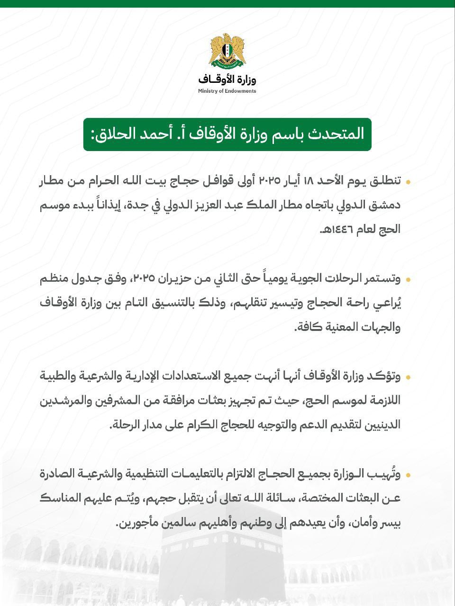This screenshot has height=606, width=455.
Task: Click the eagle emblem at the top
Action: [227, 50]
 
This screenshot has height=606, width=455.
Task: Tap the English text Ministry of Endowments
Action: [227, 91]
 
